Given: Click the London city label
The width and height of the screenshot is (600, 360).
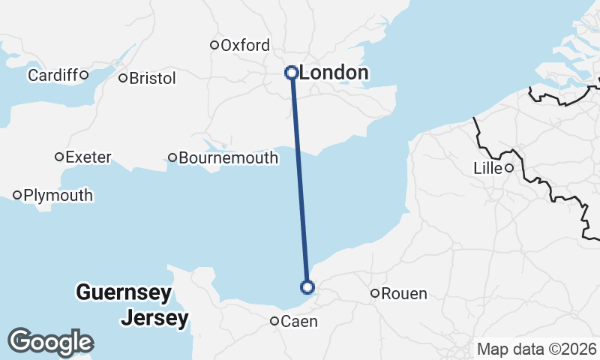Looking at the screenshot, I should tap(334, 73).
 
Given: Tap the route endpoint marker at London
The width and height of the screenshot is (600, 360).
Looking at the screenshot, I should tap(292, 73).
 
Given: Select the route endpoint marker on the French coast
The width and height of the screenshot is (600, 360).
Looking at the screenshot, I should tap(307, 286).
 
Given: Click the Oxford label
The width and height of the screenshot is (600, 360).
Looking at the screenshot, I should tap(244, 46).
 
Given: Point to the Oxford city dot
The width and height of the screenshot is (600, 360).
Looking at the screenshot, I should tap(214, 45).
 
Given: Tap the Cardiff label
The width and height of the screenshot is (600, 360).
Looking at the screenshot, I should tap(52, 75).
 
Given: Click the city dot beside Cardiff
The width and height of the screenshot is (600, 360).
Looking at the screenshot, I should tap(84, 74).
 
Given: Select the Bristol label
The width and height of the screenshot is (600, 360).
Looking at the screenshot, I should tap(152, 78).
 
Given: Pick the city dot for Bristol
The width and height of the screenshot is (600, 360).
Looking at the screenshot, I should tap(123, 77).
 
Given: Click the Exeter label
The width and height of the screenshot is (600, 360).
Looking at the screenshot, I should tap(88, 157).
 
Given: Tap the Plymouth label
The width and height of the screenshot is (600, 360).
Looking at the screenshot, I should tap(58, 196).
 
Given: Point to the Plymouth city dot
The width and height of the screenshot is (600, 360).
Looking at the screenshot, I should tap(17, 195).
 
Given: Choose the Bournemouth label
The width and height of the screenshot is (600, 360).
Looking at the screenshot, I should tap(228, 158).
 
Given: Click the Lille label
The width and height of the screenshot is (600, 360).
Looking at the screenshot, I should tap(487, 169).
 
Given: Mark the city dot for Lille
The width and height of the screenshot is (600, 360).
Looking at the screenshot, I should tap(508, 168).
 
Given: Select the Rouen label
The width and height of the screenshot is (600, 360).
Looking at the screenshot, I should tap(404, 294).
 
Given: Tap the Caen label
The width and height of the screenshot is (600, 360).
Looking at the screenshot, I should tap(299, 322).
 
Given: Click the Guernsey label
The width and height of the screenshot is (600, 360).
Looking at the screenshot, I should tap(124, 292).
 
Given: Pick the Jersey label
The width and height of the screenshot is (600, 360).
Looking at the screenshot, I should tap(154, 318).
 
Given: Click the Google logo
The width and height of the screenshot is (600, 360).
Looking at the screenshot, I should tap(50, 342).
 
